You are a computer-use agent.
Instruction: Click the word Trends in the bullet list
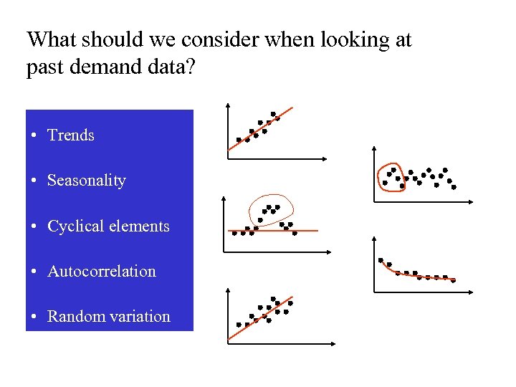coord(70,135)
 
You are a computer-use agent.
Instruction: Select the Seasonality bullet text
coord(86,181)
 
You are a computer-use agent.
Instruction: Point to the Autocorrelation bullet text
coord(101,272)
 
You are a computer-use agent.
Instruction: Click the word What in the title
coord(50,39)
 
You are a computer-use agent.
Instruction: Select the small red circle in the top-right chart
coord(381,176)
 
